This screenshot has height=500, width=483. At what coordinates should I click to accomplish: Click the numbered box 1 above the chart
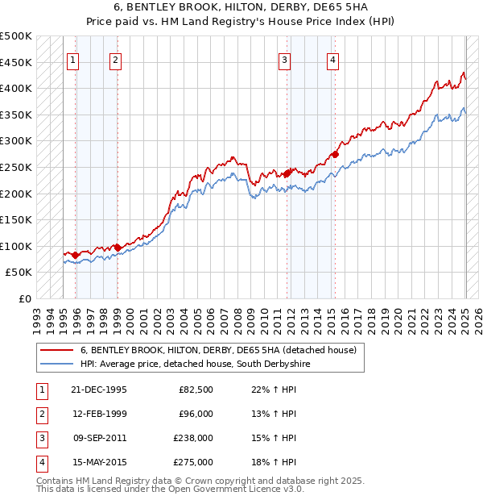tap(73, 59)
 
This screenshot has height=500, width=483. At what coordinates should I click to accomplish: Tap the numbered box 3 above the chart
tap(284, 59)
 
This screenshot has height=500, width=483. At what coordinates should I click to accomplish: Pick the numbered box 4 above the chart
tap(332, 59)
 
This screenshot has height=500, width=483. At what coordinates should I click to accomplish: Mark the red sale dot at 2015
tap(335, 154)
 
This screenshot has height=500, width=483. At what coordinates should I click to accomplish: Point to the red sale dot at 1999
tap(118, 248)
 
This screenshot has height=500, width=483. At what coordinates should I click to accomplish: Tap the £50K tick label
tap(19, 273)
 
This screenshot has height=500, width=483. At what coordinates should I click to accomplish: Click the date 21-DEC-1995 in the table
tap(100, 390)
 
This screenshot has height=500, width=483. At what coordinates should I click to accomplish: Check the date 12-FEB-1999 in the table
tap(100, 414)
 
